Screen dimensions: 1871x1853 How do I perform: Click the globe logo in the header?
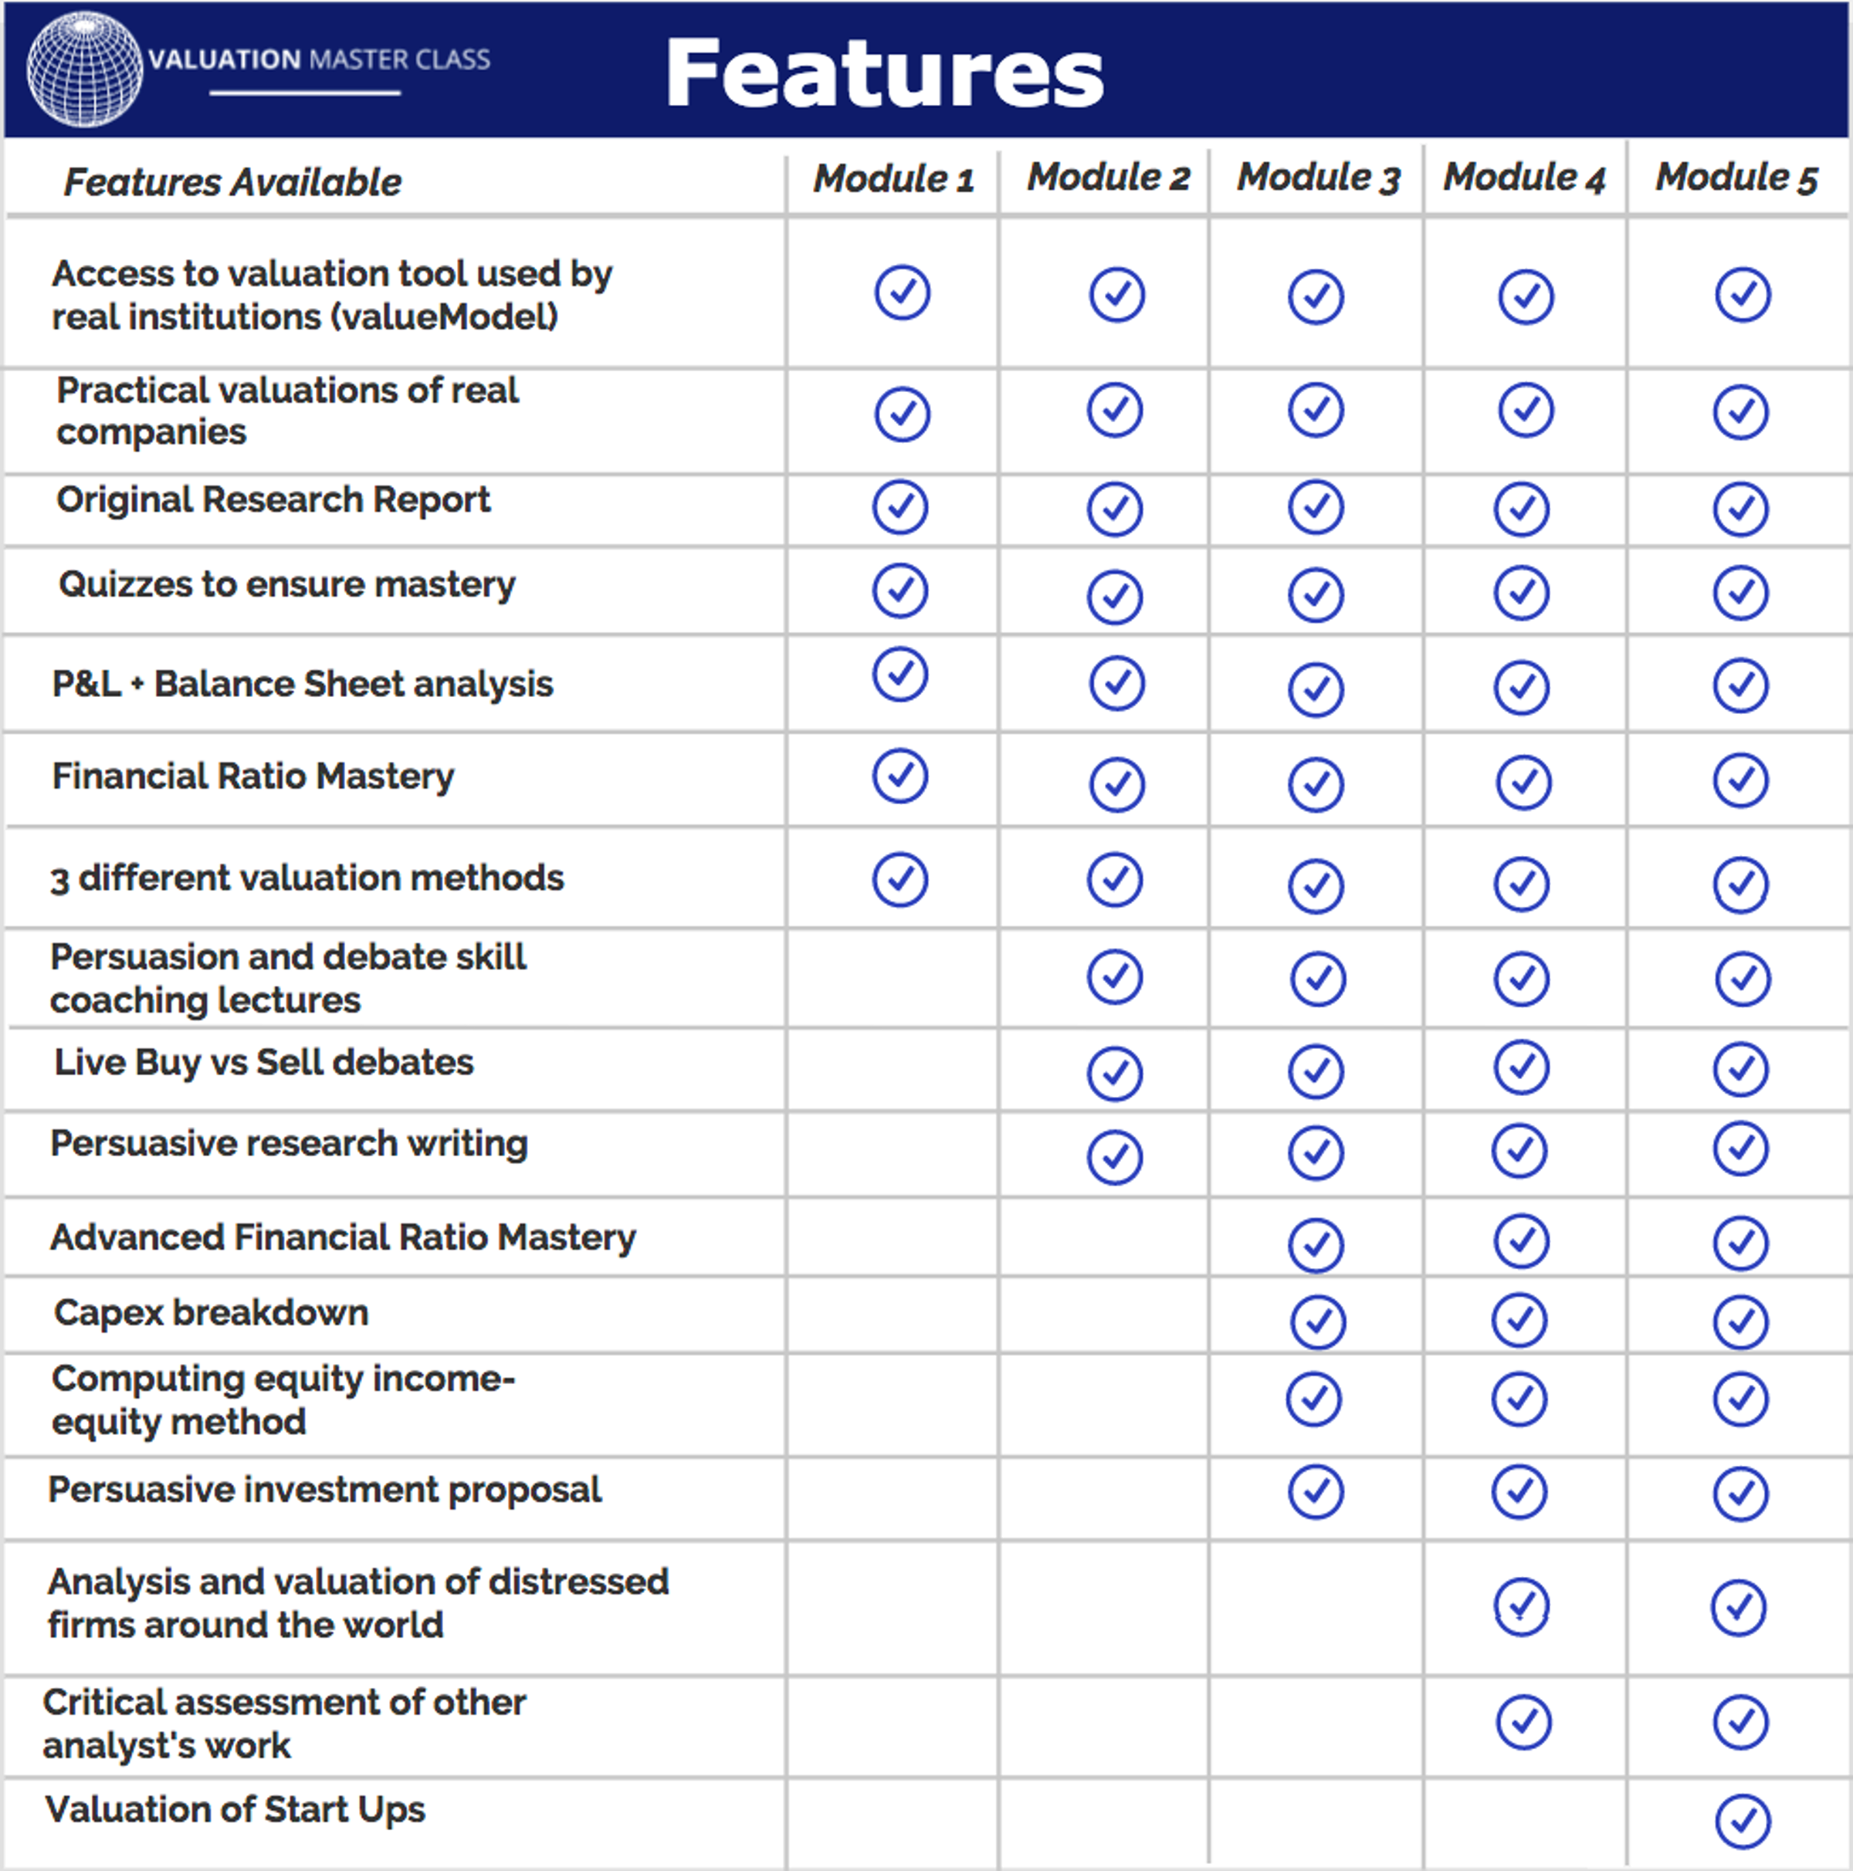[84, 69]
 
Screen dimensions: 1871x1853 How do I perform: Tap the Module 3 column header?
[1317, 178]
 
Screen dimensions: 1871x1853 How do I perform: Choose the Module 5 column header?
[1736, 178]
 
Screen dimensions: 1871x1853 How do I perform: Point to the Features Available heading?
[232, 182]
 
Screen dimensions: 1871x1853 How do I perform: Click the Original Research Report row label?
[273, 499]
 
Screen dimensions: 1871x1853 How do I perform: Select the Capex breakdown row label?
[211, 1312]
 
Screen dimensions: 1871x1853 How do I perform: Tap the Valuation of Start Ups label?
[235, 1809]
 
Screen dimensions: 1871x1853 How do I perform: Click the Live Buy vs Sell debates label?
[263, 1062]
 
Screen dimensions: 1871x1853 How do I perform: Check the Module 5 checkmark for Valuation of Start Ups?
[1743, 1822]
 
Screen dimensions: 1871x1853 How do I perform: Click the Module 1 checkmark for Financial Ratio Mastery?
[899, 776]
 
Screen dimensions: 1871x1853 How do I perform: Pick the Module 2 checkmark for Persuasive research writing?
[1115, 1156]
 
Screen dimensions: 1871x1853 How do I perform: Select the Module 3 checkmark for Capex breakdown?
[1317, 1321]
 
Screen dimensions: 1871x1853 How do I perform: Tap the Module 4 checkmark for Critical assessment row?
[1523, 1722]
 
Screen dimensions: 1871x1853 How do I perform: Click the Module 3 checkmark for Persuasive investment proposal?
[1316, 1491]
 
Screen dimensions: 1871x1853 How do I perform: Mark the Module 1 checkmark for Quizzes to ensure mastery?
[899, 590]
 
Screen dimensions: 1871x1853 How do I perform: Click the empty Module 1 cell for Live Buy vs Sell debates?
[892, 1069]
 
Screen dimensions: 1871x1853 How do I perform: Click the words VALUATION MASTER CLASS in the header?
[319, 60]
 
